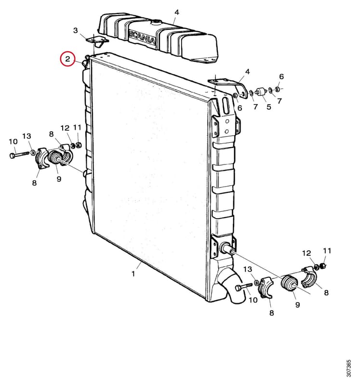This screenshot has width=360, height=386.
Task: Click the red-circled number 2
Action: coord(67,59)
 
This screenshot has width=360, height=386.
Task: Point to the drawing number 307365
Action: coord(348,368)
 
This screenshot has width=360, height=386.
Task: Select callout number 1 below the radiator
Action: coord(133,274)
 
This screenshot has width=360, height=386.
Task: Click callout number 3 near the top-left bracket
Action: coord(76,30)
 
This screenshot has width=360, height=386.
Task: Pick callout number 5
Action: coord(269,107)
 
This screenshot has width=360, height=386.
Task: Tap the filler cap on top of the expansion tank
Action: coord(155,23)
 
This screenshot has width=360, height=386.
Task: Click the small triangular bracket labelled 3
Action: coord(97,41)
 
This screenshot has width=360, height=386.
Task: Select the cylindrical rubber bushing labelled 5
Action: coord(260,92)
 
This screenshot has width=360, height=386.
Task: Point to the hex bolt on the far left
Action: coord(19,155)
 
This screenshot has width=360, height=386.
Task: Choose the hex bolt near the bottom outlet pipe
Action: coord(243,287)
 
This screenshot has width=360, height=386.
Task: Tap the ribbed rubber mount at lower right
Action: coord(289,283)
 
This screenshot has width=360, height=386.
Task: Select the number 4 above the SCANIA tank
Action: coord(177,12)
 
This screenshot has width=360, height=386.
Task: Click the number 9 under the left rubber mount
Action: coord(59,179)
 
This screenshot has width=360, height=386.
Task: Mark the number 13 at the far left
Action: coord(27,136)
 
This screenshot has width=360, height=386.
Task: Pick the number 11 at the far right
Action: coord(327,250)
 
